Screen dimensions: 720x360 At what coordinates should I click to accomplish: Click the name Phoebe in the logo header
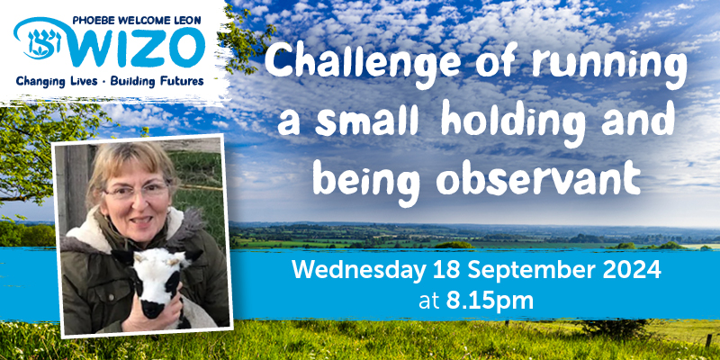[x=90, y=20]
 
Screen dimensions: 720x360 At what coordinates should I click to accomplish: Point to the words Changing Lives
[x=56, y=82]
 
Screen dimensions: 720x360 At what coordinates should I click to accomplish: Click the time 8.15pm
[x=490, y=301]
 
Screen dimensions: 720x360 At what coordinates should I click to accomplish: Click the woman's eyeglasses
[x=137, y=190]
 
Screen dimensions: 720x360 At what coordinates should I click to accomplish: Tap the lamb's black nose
[x=152, y=308]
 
